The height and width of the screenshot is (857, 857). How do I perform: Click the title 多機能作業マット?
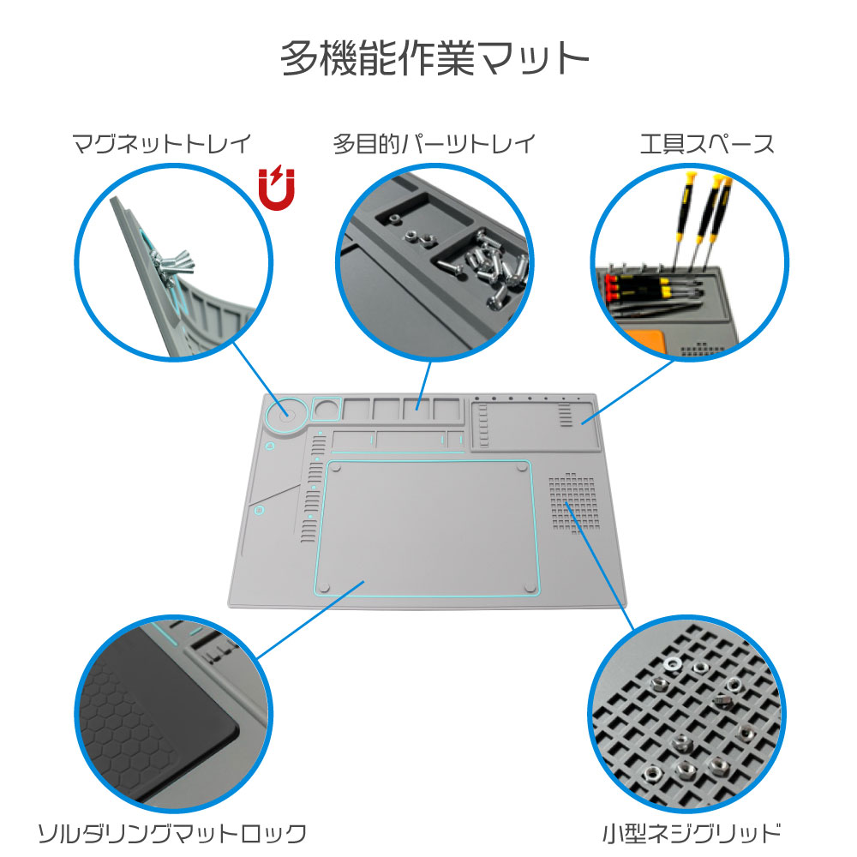click(435, 61)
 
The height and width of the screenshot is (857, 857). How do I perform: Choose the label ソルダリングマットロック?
click(172, 832)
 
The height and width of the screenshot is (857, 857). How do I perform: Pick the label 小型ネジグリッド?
click(691, 832)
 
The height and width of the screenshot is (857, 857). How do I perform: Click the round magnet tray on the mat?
click(285, 415)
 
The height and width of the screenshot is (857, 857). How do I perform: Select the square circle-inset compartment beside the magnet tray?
click(326, 409)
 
